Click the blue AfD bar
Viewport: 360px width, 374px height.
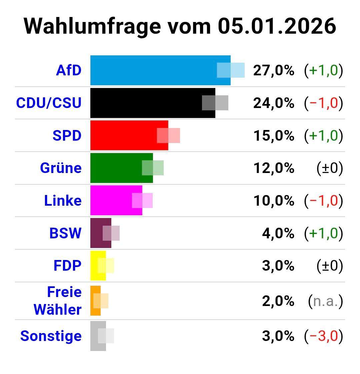pyautogui.click(x=153, y=70)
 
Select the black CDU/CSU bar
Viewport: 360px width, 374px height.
pyautogui.click(x=147, y=103)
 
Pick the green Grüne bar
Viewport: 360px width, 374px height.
pyautogui.click(x=117, y=168)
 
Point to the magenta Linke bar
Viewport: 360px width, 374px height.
pyautogui.click(x=111, y=200)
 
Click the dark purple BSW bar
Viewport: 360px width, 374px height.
pyautogui.click(x=97, y=233)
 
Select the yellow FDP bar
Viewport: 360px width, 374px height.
pyautogui.click(x=94, y=266)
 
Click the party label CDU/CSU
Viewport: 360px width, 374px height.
pyautogui.click(x=49, y=103)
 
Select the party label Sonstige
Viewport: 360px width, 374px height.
pyautogui.click(x=51, y=336)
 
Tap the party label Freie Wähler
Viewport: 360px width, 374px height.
pyautogui.click(x=58, y=301)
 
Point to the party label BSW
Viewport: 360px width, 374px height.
pyautogui.click(x=65, y=233)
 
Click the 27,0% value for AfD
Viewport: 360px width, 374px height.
pyautogui.click(x=274, y=70)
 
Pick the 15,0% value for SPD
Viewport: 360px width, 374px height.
pyautogui.click(x=274, y=135)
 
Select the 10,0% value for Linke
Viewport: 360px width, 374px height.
pyautogui.click(x=274, y=200)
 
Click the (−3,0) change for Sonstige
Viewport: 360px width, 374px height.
pyautogui.click(x=323, y=336)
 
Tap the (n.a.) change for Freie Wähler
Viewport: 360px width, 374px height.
pyautogui.click(x=325, y=301)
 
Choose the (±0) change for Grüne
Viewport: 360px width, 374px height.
pyautogui.click(x=329, y=168)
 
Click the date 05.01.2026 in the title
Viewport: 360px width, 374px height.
pyautogui.click(x=277, y=26)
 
